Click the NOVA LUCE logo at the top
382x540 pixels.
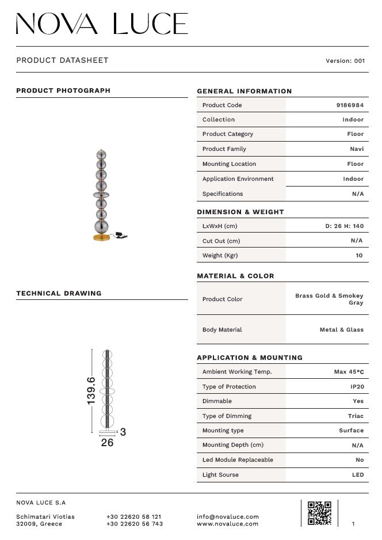pyautogui.click(x=102, y=24)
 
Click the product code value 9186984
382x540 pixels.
pyautogui.click(x=350, y=105)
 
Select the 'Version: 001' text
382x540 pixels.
pyautogui.click(x=345, y=61)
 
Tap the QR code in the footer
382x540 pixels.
pyautogui.click(x=319, y=513)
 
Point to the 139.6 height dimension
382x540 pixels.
pyautogui.click(x=91, y=390)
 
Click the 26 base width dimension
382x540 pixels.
pyautogui.click(x=107, y=443)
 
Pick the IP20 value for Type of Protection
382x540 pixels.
pyautogui.click(x=357, y=387)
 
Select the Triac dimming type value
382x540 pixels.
pyautogui.click(x=356, y=416)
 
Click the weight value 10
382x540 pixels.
pyautogui.click(x=360, y=256)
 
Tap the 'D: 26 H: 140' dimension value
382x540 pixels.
pyautogui.click(x=345, y=226)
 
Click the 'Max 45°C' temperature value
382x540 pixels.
pyautogui.click(x=349, y=372)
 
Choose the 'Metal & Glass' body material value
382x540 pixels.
pyautogui.click(x=342, y=330)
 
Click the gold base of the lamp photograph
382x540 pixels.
pyautogui.click(x=102, y=237)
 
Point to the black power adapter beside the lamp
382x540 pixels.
pyautogui.click(x=121, y=234)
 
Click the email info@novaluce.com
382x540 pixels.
pyautogui.click(x=228, y=517)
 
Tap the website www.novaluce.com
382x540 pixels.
pyautogui.click(x=228, y=524)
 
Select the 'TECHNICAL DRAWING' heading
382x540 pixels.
pyautogui.click(x=59, y=294)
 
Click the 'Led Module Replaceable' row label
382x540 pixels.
pyautogui.click(x=238, y=460)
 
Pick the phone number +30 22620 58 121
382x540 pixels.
pyautogui.click(x=134, y=517)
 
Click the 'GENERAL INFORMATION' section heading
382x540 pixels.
pyautogui.click(x=245, y=91)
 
